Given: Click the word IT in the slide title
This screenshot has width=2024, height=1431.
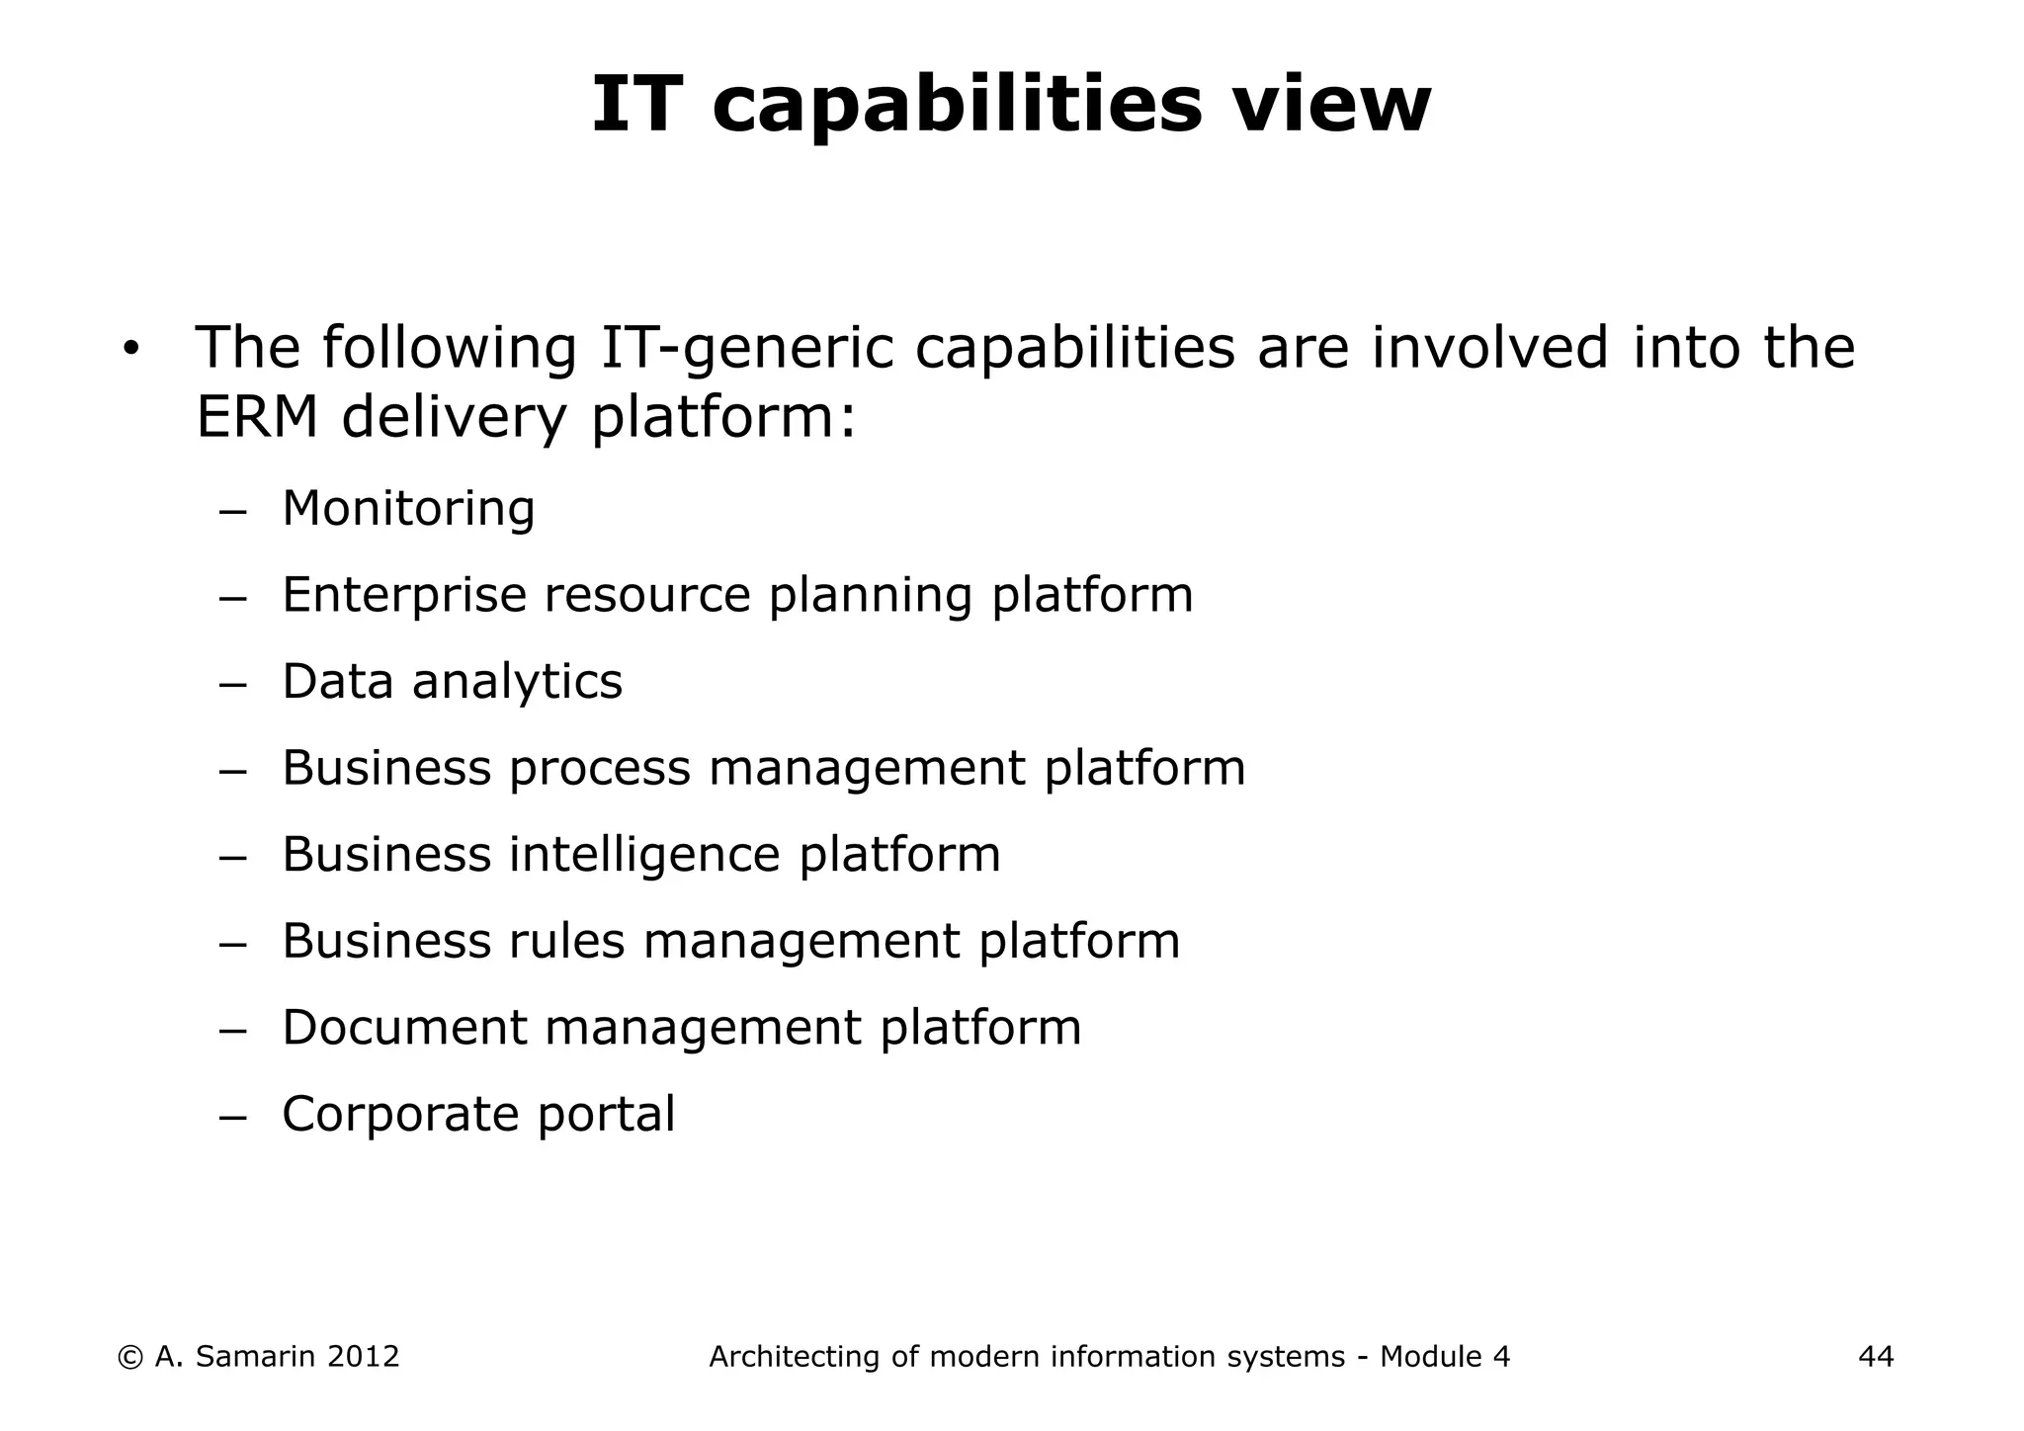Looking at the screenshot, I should [636, 105].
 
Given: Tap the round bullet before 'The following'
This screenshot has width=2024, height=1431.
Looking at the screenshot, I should [131, 350].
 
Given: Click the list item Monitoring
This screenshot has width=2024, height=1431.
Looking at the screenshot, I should [408, 509].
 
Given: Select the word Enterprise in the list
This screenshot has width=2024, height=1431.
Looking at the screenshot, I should [404, 596].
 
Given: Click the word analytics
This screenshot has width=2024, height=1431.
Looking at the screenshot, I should [517, 682].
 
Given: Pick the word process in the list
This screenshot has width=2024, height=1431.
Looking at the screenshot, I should [599, 769].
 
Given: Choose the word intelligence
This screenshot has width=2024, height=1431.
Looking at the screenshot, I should [644, 855].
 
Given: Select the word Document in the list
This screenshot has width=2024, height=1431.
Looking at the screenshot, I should [404, 1028].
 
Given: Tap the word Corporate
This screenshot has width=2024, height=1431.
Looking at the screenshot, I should [400, 1115].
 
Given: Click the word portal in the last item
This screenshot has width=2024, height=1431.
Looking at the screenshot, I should [606, 1115].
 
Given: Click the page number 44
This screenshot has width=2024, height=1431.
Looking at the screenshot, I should [1876, 1357].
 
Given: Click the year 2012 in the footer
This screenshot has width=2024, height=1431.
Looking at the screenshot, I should [363, 1357].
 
